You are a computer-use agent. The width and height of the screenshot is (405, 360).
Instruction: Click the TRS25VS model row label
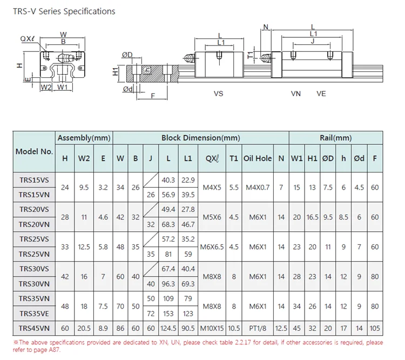pos(34,239)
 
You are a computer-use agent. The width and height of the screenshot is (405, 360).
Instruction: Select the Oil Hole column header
pos(258,158)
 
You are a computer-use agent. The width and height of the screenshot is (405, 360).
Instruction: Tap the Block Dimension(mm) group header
pos(201,138)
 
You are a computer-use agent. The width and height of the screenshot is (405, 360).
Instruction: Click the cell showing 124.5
pos(168,328)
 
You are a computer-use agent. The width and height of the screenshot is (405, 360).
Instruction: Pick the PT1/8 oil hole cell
pos(258,328)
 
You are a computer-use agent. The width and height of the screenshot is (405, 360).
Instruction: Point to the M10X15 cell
pos(212,328)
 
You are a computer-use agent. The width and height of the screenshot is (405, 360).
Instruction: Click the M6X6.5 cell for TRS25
pos(212,246)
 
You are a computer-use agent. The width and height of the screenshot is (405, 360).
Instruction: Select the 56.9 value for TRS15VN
pos(168,195)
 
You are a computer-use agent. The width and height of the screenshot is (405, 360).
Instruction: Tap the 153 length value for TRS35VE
pos(168,314)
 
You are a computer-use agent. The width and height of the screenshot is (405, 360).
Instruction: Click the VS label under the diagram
pos(218,94)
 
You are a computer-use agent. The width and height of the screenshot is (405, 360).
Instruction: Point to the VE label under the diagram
pos(321,94)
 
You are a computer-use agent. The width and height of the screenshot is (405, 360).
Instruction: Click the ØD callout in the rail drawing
pos(127,55)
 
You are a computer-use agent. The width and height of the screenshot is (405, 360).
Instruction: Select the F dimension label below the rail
pos(153,96)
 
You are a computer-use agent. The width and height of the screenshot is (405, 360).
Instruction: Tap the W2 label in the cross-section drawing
pos(46,88)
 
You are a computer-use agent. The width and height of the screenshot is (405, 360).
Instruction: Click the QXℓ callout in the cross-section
pos(27,39)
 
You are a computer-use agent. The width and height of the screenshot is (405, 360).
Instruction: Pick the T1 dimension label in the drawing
pos(250,55)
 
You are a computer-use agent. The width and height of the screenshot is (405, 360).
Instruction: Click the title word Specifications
pos(89,12)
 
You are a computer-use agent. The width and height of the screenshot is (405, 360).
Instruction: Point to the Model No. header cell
pos(34,151)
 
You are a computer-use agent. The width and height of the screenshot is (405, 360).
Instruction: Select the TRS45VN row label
pos(34,328)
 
